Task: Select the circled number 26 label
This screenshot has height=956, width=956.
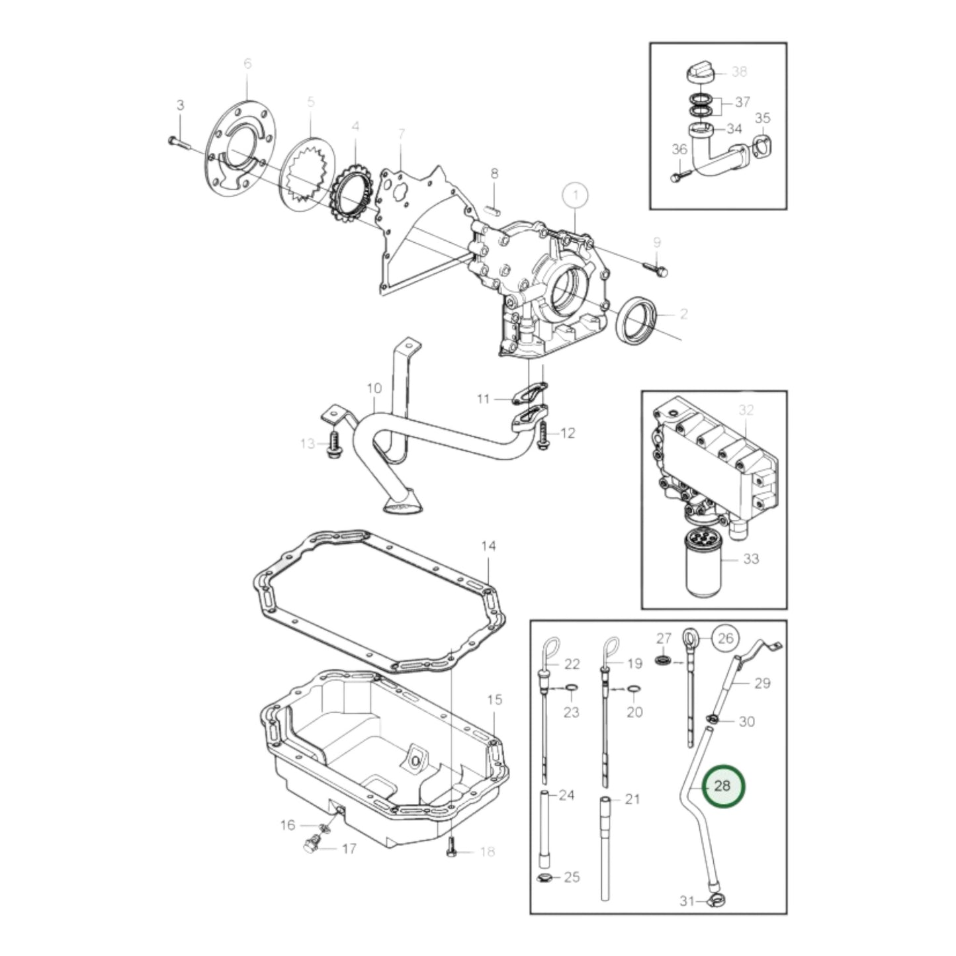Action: click(726, 638)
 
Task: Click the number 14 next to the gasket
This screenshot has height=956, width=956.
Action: click(488, 546)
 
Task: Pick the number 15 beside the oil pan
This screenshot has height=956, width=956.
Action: click(494, 699)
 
